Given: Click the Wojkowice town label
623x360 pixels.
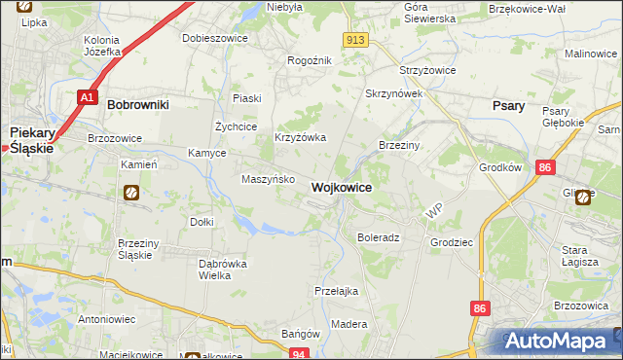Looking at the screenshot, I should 341,187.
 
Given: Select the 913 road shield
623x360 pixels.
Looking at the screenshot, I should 354,39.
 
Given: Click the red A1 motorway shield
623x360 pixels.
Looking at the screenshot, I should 88,97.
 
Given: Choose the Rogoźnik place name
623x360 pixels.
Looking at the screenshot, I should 310,60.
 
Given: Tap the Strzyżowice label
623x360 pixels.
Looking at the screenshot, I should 428,72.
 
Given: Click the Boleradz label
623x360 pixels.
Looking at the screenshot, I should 379,237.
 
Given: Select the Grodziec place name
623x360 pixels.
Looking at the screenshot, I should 450,239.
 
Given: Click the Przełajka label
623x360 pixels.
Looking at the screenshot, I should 337,291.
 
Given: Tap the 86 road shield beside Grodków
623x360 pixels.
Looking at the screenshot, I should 545,168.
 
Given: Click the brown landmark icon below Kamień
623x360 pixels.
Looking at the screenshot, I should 130,194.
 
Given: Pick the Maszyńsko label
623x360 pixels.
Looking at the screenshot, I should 262,179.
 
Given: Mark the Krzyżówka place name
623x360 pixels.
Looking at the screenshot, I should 300,138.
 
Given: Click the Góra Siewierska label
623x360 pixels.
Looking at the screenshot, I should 429,12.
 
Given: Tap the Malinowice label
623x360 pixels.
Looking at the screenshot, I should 593,54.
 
